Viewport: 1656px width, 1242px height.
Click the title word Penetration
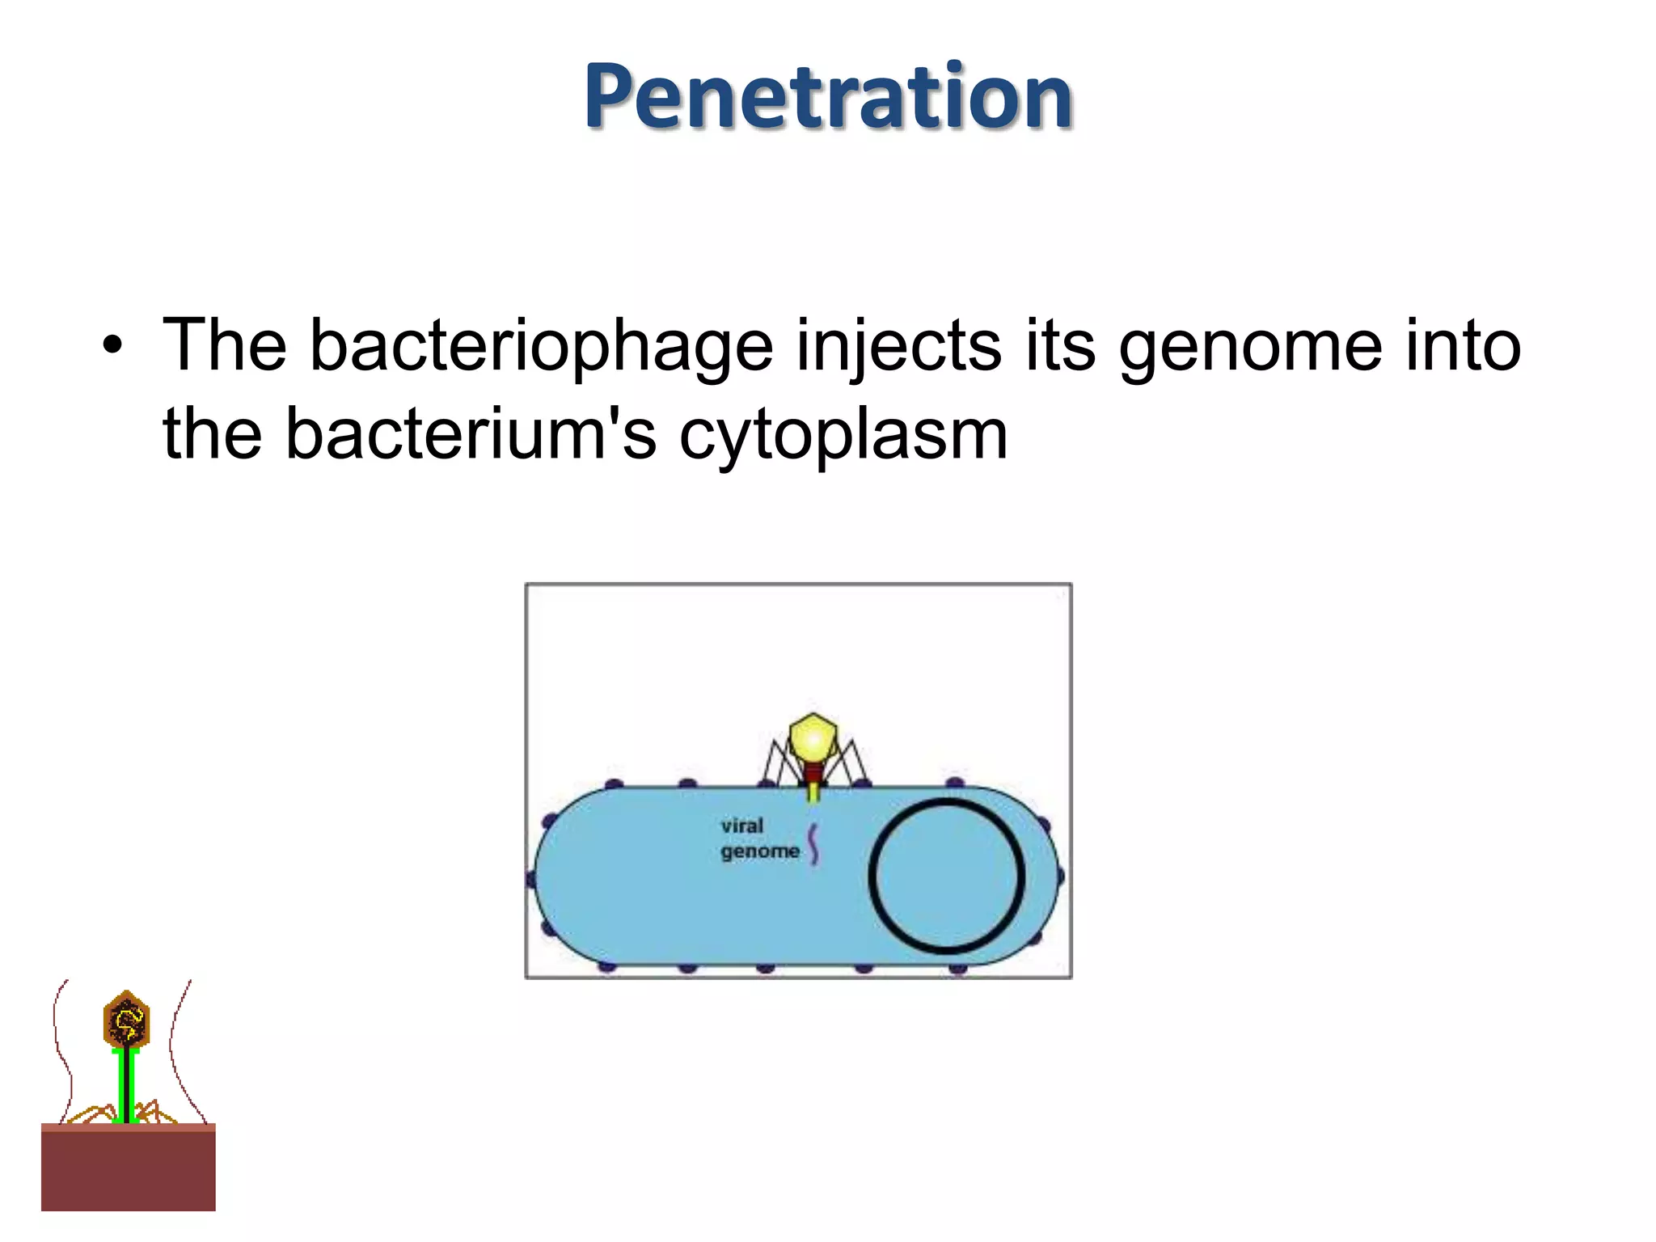(828, 97)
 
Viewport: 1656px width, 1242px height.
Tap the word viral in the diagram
(741, 826)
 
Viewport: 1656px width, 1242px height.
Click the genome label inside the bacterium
(759, 851)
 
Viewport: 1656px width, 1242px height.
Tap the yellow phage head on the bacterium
(813, 737)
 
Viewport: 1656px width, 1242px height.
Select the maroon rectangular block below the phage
(128, 1168)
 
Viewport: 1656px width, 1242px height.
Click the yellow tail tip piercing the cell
(813, 793)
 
